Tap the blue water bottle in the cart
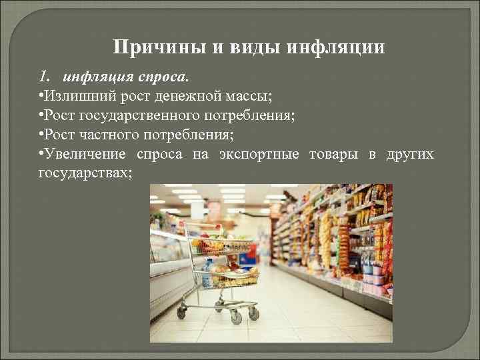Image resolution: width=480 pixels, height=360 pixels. click(x=209, y=270)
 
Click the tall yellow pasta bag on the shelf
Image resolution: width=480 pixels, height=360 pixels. click(x=327, y=240)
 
